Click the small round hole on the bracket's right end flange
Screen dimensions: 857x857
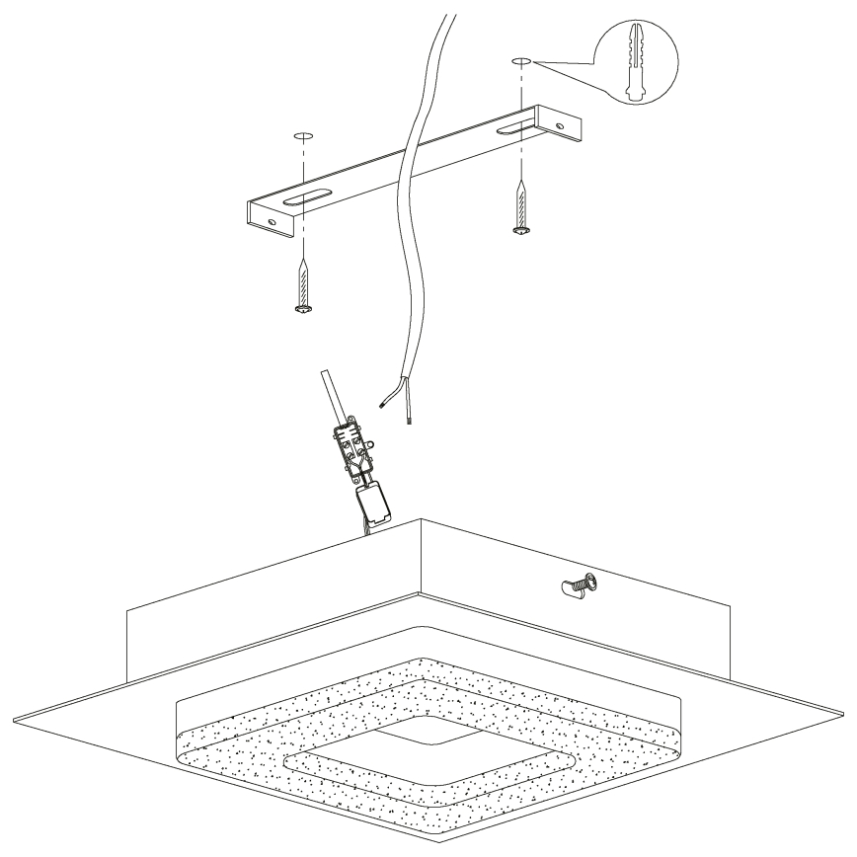coord(562,128)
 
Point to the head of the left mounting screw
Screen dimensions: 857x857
coord(303,310)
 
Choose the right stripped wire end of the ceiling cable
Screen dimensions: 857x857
coord(409,419)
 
